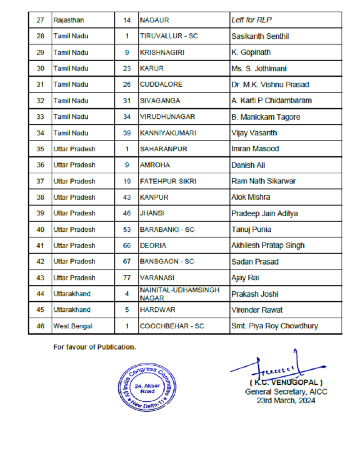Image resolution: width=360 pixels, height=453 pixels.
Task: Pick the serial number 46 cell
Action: (40, 326)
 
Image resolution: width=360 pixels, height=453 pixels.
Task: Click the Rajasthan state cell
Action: (68, 20)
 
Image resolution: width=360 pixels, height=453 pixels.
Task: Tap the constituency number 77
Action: (127, 278)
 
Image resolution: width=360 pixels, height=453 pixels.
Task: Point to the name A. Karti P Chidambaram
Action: (271, 101)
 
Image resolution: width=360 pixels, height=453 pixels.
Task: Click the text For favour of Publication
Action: (94, 347)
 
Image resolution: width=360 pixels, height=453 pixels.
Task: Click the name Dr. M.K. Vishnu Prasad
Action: (270, 85)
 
